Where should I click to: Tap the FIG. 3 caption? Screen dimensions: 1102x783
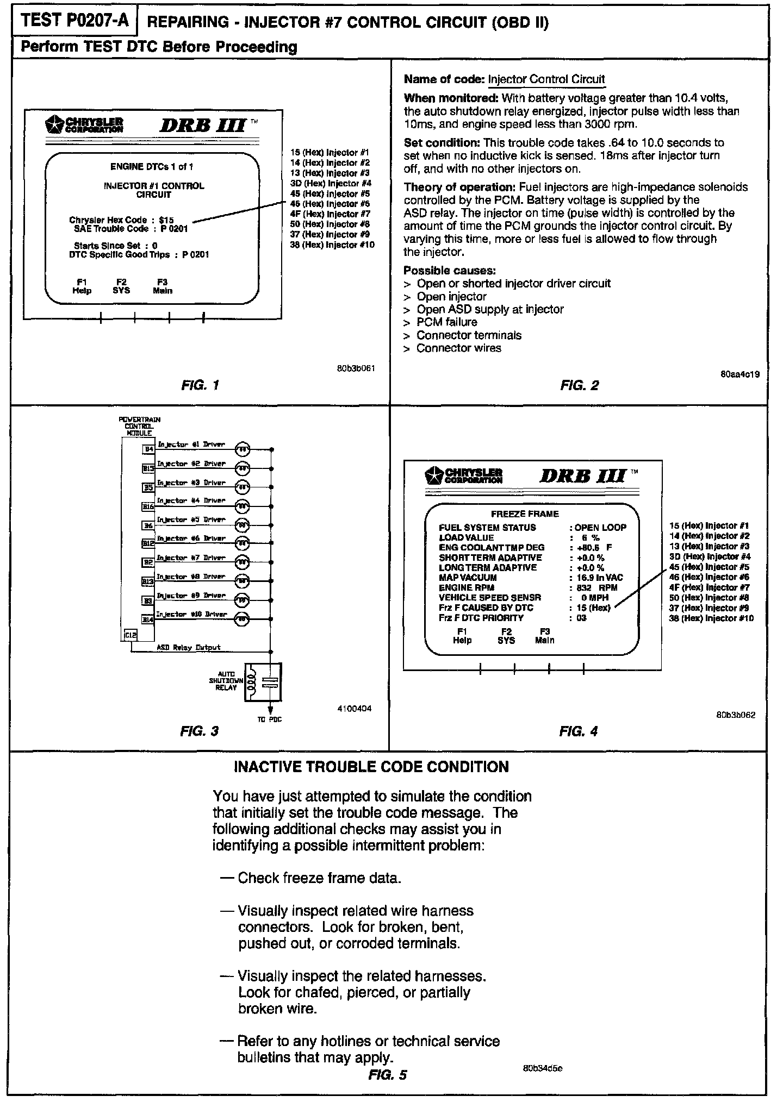point(199,731)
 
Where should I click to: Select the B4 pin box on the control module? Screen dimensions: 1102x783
point(148,449)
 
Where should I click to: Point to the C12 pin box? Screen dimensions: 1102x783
point(130,635)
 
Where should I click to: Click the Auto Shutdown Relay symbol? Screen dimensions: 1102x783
point(263,683)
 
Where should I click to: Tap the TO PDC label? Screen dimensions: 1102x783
point(270,719)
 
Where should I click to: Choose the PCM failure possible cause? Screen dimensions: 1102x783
point(446,322)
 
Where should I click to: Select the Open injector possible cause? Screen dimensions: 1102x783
point(451,297)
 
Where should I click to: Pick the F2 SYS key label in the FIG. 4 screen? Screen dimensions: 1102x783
point(506,636)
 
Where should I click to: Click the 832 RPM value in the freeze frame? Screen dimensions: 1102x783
point(596,587)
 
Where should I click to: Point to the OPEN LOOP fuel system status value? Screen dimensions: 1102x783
point(600,528)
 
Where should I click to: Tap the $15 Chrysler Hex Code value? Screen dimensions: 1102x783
point(166,220)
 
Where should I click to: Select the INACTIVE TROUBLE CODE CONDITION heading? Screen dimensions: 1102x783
point(371,767)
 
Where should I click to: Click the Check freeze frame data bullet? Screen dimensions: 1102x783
point(319,878)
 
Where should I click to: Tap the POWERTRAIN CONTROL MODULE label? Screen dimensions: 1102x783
point(139,427)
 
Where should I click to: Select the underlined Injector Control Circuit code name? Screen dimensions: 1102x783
point(546,79)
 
